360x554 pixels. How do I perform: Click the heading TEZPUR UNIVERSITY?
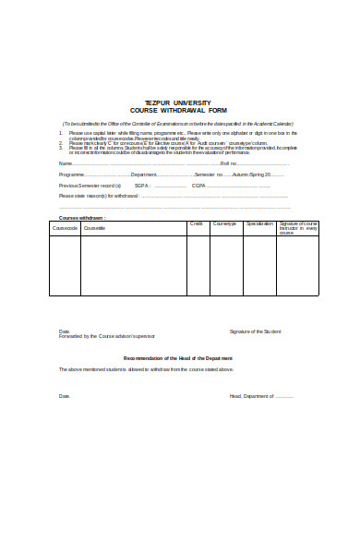coord(178,102)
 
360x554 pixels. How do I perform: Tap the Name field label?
coord(65,163)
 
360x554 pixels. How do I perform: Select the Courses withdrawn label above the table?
coord(82,218)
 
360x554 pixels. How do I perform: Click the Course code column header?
coord(65,227)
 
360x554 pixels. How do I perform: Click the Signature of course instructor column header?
coord(298,228)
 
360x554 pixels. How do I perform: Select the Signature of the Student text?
coord(255,331)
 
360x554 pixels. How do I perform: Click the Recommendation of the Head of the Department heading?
coord(178,357)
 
